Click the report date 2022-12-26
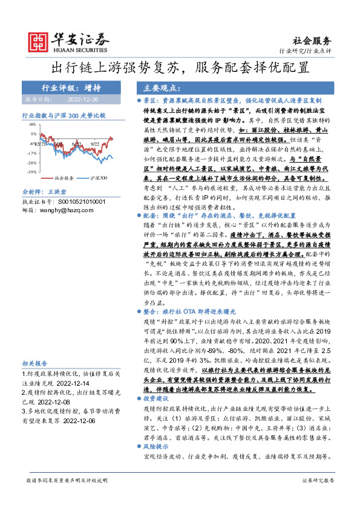[82, 99]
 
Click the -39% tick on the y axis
[31, 172]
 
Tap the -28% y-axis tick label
[31, 163]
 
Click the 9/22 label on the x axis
[94, 144]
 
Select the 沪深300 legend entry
[99, 178]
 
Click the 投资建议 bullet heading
[159, 417]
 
